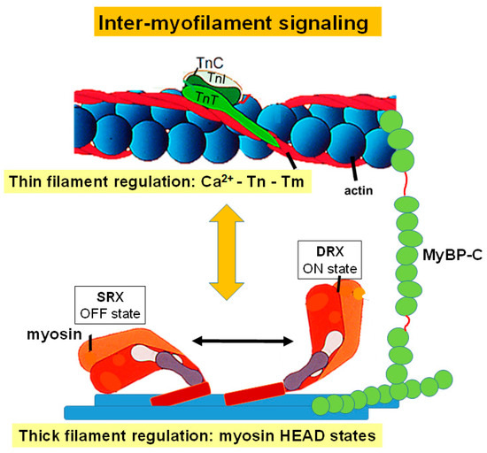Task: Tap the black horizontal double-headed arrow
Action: click(x=245, y=339)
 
